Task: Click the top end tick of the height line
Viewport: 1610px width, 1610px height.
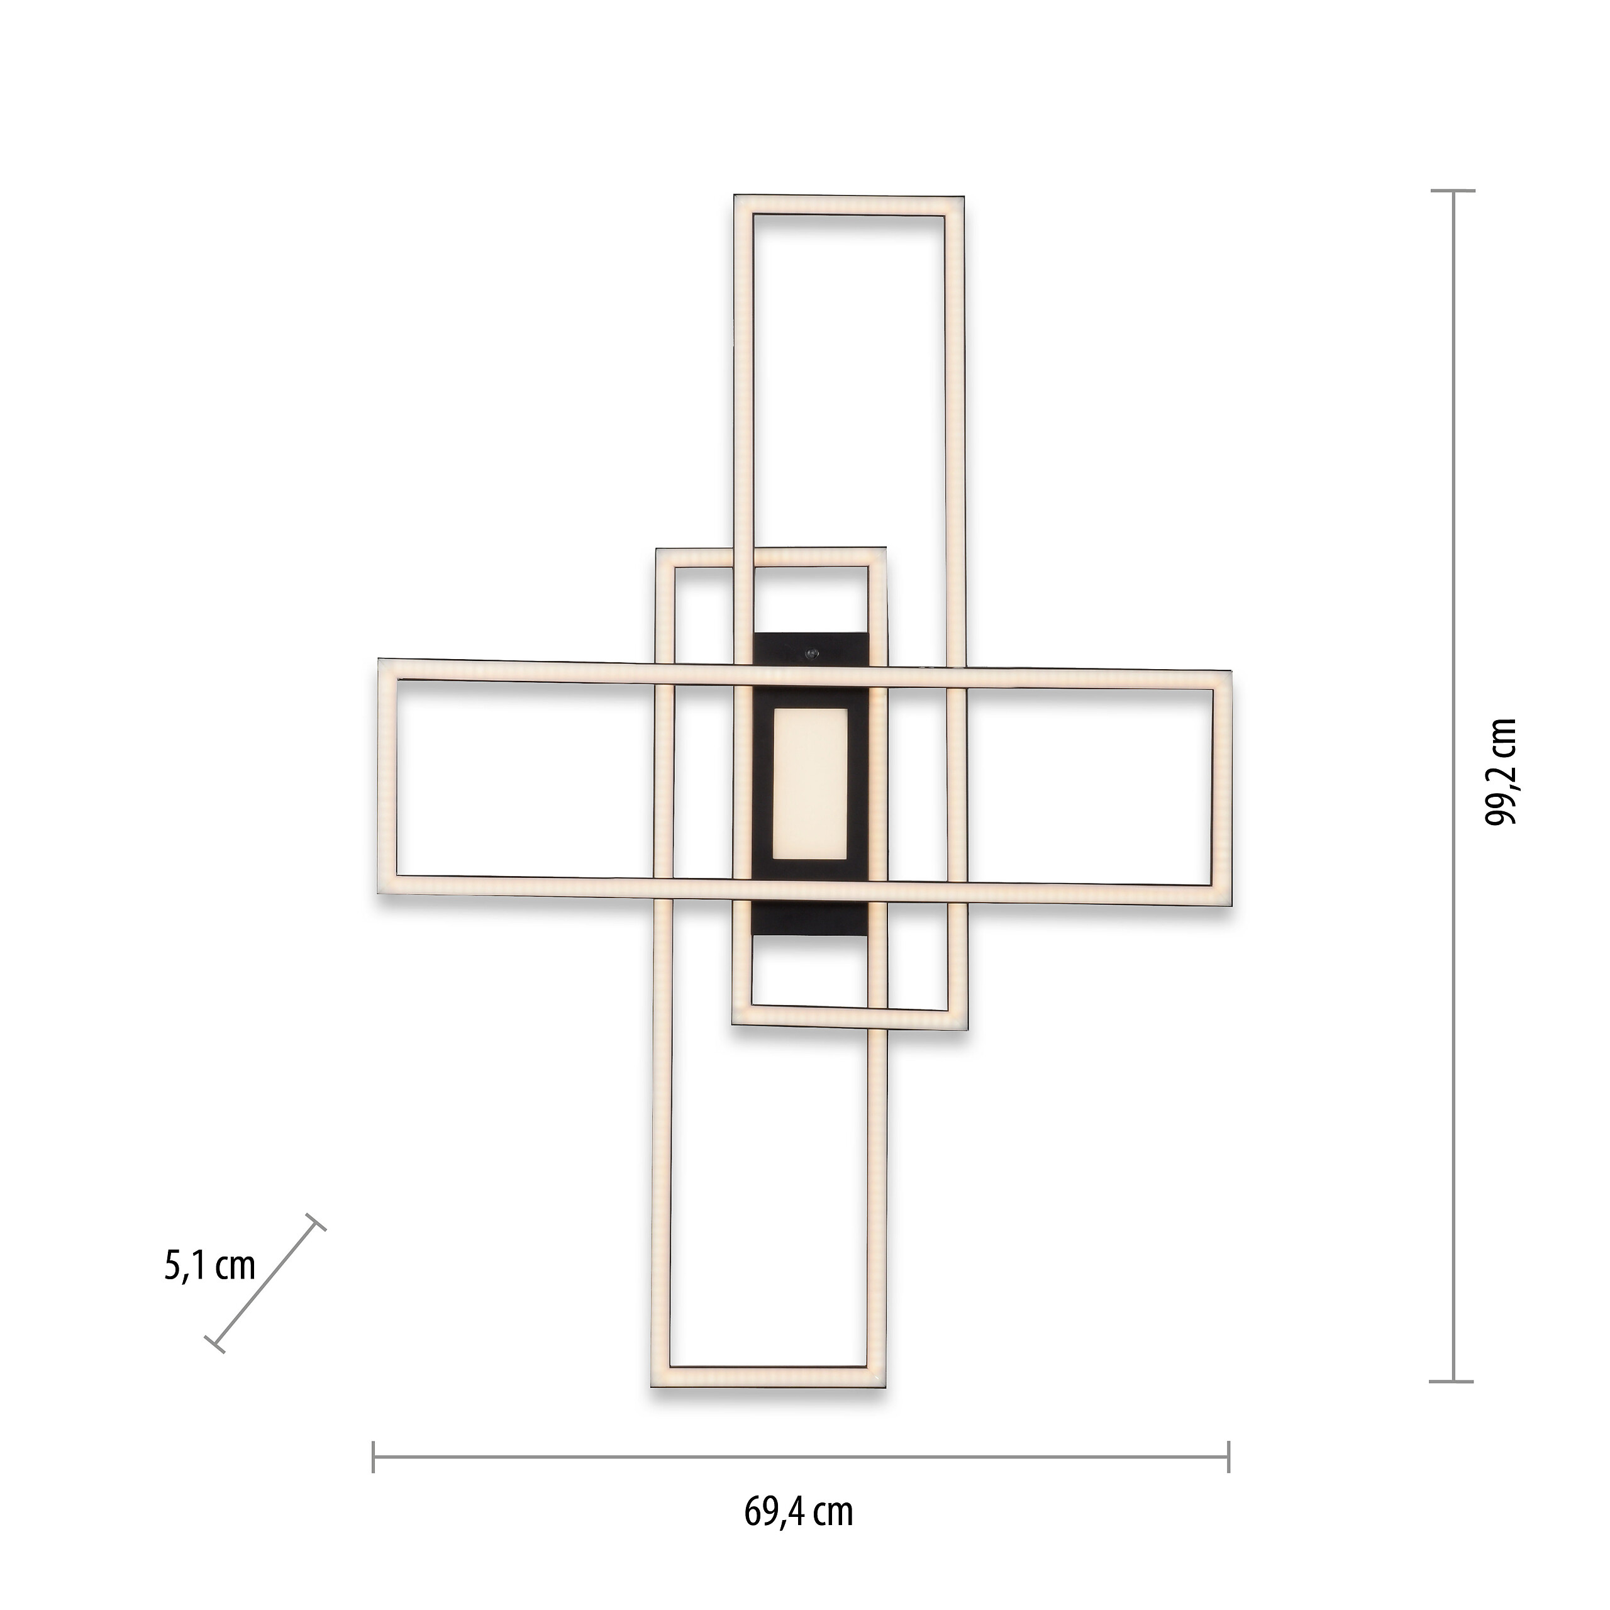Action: click(1454, 191)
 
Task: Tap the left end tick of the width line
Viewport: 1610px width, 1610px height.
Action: click(374, 1457)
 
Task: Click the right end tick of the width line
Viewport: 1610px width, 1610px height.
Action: click(1228, 1457)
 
